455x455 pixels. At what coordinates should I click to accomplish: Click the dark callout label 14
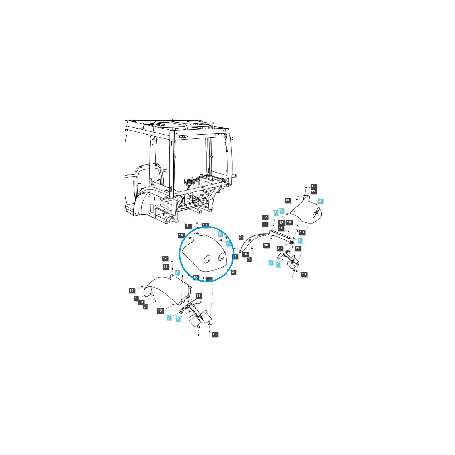point(131,291)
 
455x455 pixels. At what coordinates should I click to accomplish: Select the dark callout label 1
point(136,299)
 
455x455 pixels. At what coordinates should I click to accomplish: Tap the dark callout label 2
point(241,237)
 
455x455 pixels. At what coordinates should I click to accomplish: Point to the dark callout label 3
point(233,272)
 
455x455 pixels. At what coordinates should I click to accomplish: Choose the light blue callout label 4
point(320,201)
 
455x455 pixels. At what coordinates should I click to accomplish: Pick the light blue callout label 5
point(169,317)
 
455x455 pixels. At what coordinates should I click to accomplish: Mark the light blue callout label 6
point(271,262)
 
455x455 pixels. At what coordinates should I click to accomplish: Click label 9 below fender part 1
point(145,307)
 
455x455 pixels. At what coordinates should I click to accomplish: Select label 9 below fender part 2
point(249,259)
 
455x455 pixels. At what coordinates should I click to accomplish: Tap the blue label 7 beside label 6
point(277,264)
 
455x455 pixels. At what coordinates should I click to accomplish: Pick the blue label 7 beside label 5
point(178,319)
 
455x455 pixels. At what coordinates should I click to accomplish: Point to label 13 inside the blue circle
point(209,279)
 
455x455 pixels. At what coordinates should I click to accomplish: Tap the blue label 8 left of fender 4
point(275,213)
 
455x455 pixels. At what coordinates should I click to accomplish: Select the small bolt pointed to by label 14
point(142,287)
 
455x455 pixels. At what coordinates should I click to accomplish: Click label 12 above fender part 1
point(165,258)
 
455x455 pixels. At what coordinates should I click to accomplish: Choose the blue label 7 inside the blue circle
point(228,243)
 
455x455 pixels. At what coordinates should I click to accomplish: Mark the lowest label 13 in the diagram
point(215,334)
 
